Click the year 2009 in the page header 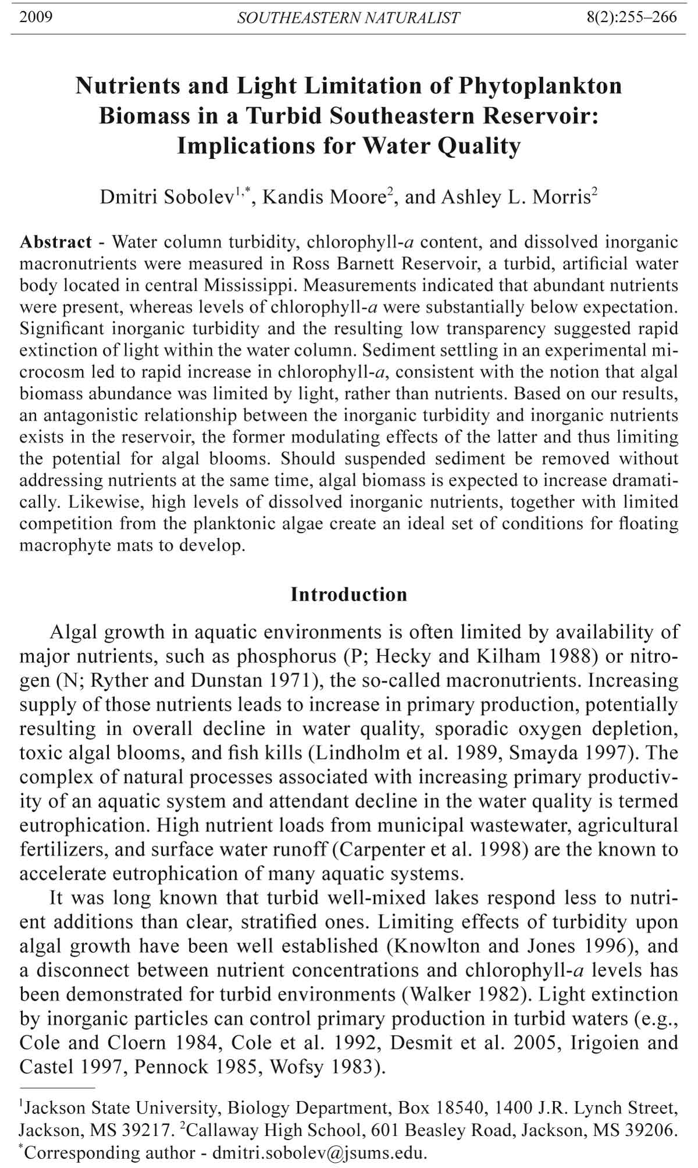click(x=36, y=17)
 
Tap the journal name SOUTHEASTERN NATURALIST click(x=348, y=18)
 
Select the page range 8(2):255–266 click(x=631, y=17)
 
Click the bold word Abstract click(x=56, y=241)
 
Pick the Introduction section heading click(x=349, y=594)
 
